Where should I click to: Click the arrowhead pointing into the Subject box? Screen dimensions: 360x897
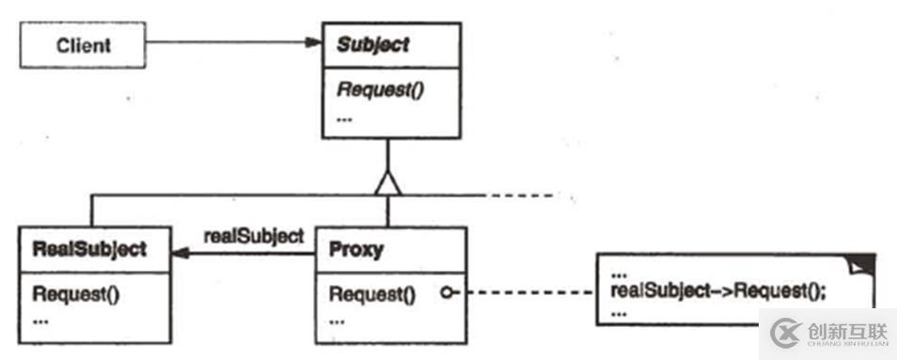click(x=312, y=42)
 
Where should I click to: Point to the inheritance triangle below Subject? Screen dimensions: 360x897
click(x=387, y=183)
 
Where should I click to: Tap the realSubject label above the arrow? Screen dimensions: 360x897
click(x=253, y=236)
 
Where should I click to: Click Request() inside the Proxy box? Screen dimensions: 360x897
click(x=371, y=292)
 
